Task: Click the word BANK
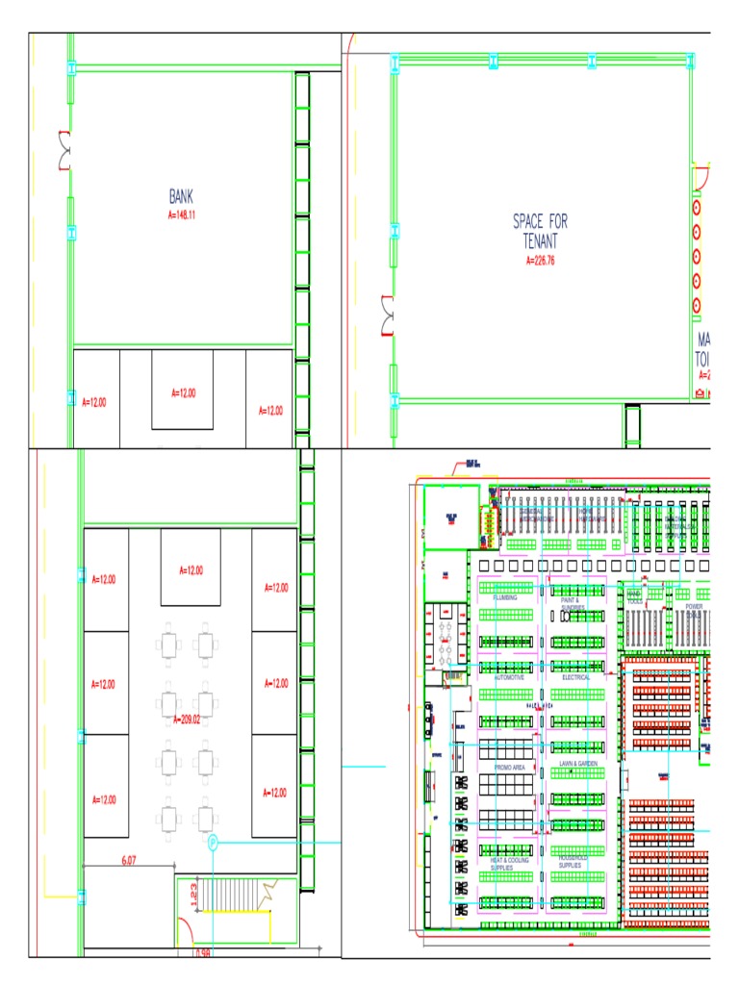(x=181, y=196)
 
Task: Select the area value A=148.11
(x=181, y=215)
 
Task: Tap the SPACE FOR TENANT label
(x=540, y=231)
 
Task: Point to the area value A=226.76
(x=540, y=260)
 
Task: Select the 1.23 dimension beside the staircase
(x=193, y=895)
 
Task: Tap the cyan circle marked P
(x=213, y=843)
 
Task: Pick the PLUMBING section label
(x=505, y=597)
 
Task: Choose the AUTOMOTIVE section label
(x=509, y=677)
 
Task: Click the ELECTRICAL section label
(x=575, y=677)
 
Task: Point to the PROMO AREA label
(x=509, y=768)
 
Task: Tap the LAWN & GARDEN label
(x=578, y=763)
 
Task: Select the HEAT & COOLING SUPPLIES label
(x=509, y=864)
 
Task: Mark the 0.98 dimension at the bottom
(x=202, y=953)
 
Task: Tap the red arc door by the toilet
(x=701, y=177)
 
